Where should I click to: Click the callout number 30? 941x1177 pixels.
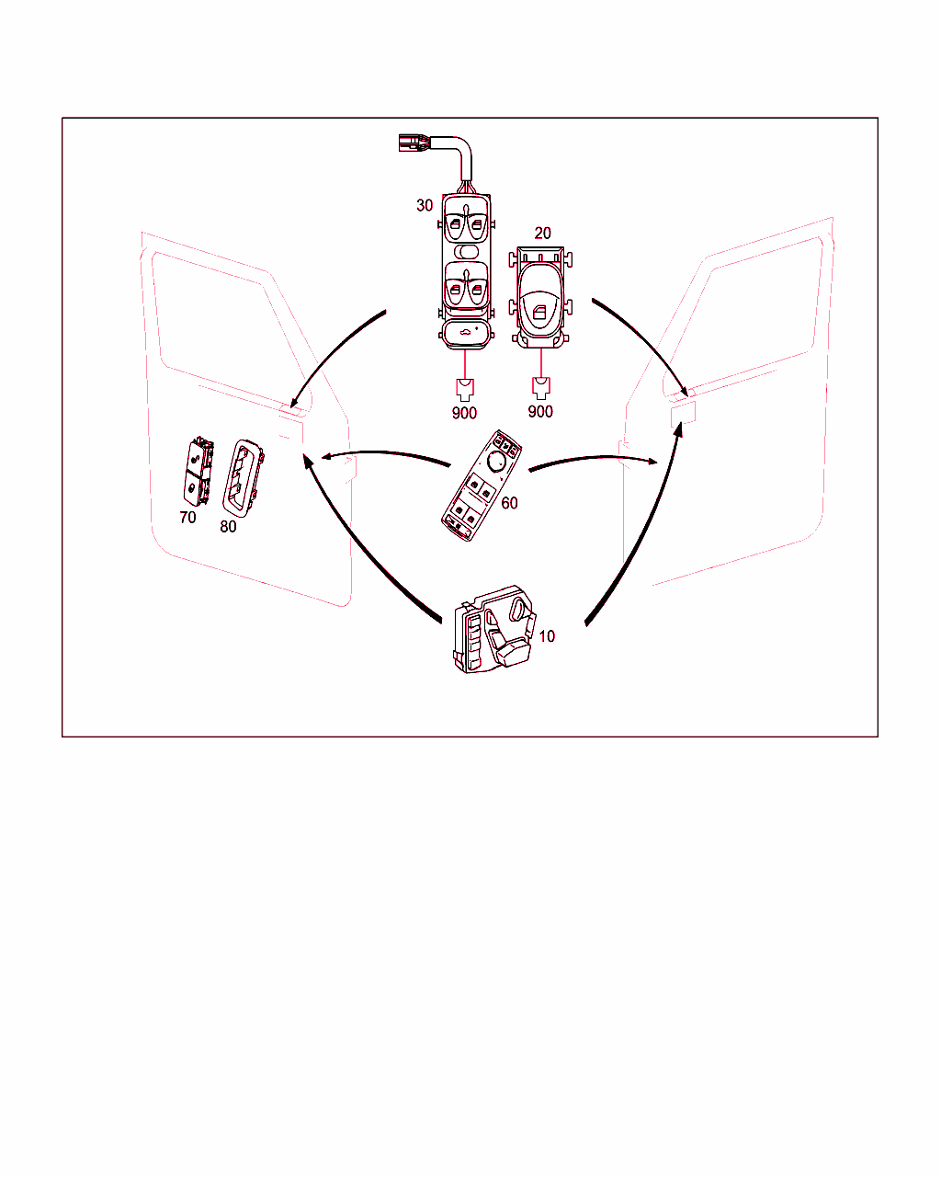pyautogui.click(x=425, y=206)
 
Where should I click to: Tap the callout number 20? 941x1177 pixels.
pyautogui.click(x=542, y=233)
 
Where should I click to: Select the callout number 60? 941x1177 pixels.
pyautogui.click(x=509, y=503)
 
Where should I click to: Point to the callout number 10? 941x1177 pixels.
pyautogui.click(x=547, y=636)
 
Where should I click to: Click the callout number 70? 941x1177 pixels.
pyautogui.click(x=187, y=517)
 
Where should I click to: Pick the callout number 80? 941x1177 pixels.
pyautogui.click(x=228, y=526)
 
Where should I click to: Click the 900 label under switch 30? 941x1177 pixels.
pyautogui.click(x=464, y=413)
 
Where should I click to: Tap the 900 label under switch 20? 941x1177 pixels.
pyautogui.click(x=540, y=411)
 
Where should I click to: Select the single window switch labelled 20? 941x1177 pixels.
pyautogui.click(x=540, y=298)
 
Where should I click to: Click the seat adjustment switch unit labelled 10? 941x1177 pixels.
pyautogui.click(x=494, y=630)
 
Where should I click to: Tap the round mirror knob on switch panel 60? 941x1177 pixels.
pyautogui.click(x=496, y=461)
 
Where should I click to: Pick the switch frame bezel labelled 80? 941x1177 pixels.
pyautogui.click(x=243, y=478)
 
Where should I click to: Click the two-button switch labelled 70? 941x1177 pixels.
pyautogui.click(x=198, y=472)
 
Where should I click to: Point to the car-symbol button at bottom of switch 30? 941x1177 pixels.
pyautogui.click(x=465, y=334)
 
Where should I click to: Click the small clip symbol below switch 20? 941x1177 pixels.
pyautogui.click(x=540, y=388)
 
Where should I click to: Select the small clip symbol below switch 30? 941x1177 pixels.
pyautogui.click(x=465, y=390)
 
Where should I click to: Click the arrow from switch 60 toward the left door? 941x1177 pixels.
pyautogui.click(x=384, y=453)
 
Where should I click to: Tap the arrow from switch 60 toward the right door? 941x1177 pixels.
pyautogui.click(x=594, y=458)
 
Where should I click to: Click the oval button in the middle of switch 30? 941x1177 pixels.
pyautogui.click(x=467, y=251)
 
